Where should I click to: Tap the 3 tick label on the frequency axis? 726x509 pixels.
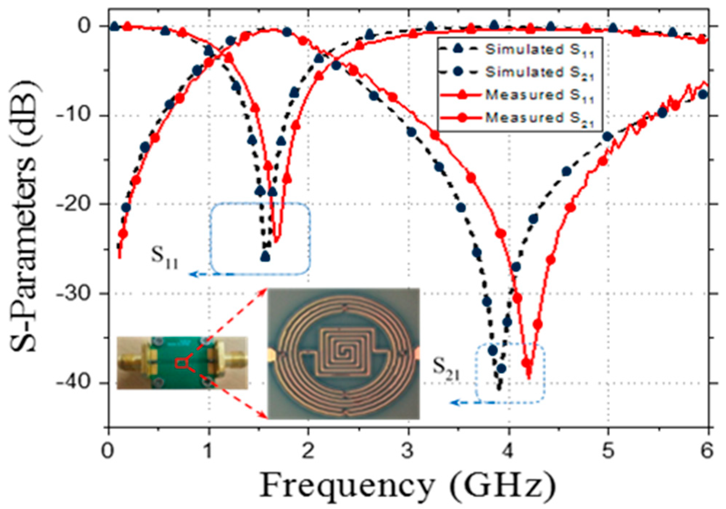(x=408, y=451)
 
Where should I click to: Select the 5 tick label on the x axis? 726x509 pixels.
(x=608, y=451)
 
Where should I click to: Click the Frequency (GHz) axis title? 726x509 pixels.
(x=408, y=485)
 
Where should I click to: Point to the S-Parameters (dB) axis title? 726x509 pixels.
(x=24, y=217)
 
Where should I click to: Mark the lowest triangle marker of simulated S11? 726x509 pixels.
(x=265, y=256)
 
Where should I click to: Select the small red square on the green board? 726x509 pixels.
(x=180, y=362)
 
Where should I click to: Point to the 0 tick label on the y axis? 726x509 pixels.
(x=84, y=26)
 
